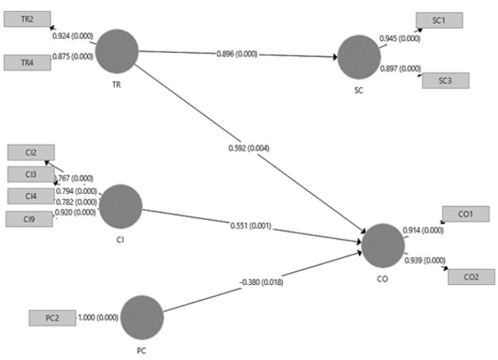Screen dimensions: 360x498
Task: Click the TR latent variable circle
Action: pos(117,50)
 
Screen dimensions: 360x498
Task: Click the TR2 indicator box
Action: pos(28,19)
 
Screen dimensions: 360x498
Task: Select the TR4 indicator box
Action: pos(28,62)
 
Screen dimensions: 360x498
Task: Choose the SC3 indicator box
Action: pos(444,80)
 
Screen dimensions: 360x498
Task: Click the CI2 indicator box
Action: pos(30,153)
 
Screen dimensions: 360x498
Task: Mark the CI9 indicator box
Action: pos(29,218)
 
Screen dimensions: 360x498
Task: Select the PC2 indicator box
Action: pos(51,318)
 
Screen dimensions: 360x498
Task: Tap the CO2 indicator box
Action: pos(472,276)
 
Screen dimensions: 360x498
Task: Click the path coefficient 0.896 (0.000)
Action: pos(234,55)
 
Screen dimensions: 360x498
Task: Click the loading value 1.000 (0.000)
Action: pos(99,317)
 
